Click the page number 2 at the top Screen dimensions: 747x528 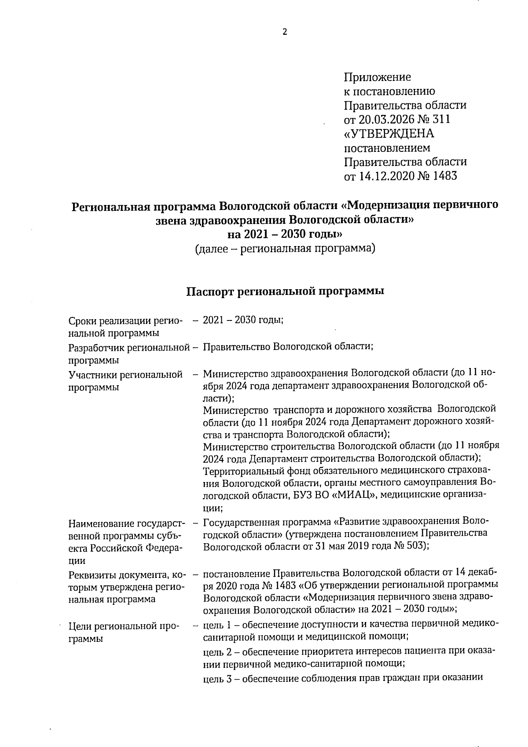pyautogui.click(x=284, y=32)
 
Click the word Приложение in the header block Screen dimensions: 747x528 pyautogui.click(x=377, y=77)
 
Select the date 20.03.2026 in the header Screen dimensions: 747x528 pyautogui.click(x=384, y=120)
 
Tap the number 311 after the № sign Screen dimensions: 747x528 pyautogui.click(x=441, y=120)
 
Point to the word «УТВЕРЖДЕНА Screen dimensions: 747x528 pyautogui.click(x=389, y=134)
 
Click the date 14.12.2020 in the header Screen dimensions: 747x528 pyautogui.click(x=384, y=176)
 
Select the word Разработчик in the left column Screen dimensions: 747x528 pyautogui.click(x=97, y=347)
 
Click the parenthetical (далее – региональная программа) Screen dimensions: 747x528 pyautogui.click(x=285, y=249)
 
